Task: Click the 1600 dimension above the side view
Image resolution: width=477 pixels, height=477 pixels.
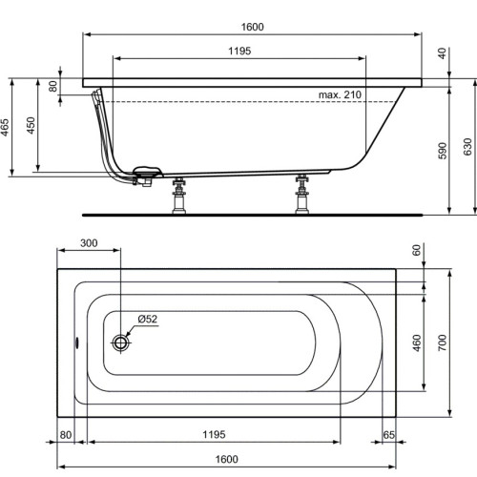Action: pos(252,28)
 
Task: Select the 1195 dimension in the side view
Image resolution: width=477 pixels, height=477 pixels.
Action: pos(239,51)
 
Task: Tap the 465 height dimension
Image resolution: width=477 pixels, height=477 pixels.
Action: pos(8,129)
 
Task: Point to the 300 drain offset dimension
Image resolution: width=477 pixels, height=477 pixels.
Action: pos(89,245)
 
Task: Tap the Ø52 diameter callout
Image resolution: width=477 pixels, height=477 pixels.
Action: pos(146,319)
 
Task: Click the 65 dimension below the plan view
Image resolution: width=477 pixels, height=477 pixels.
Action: pos(389,436)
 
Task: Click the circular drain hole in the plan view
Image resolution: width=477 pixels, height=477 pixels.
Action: pos(121,342)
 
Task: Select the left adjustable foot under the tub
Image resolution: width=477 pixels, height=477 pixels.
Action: pos(176,197)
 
